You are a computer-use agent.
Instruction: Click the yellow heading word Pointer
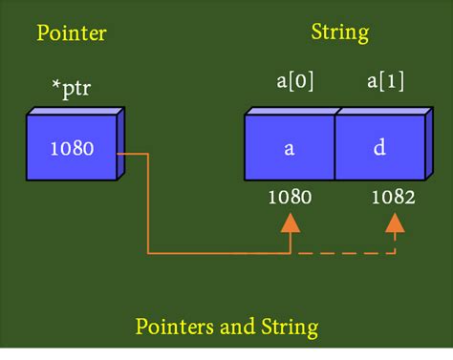tap(72, 34)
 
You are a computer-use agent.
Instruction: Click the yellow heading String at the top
tap(340, 32)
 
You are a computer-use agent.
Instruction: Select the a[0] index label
tap(289, 83)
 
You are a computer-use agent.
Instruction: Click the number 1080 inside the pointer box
tap(72, 151)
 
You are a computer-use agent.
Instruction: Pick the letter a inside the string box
tap(289, 150)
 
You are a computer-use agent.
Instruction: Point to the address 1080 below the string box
tap(290, 199)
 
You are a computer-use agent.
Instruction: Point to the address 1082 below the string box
tap(393, 199)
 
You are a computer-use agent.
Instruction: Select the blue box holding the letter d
tap(380, 148)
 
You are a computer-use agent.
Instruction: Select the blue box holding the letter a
tap(290, 148)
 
